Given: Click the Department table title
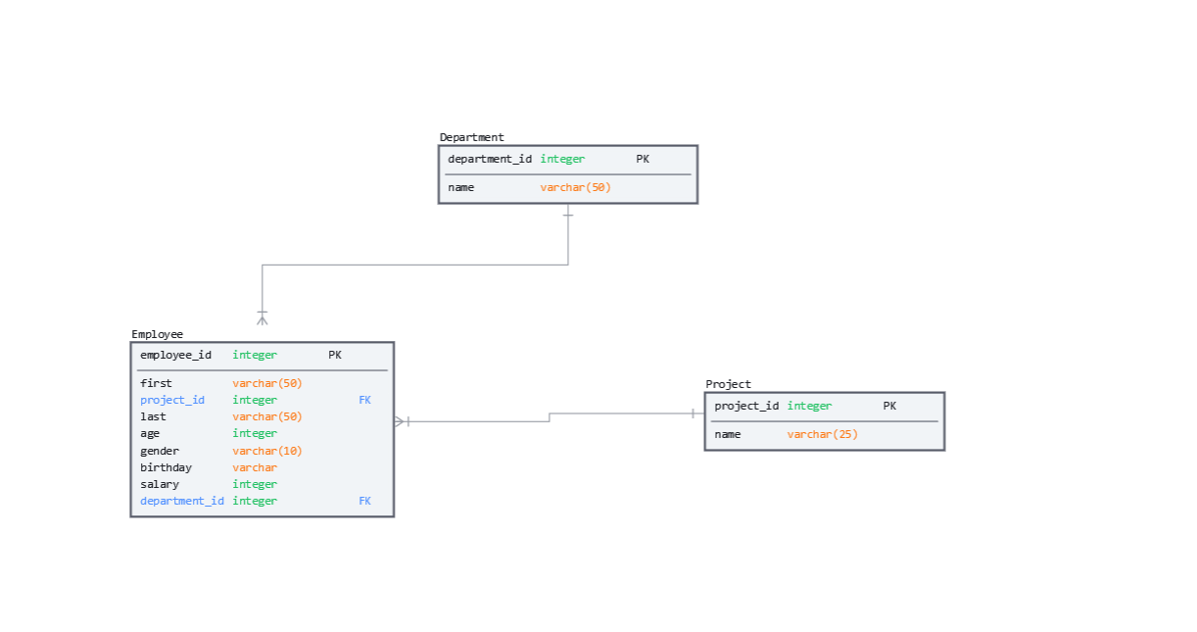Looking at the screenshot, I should point(471,137).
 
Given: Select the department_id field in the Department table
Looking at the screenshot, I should point(490,159).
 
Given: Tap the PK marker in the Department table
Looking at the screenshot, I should point(643,159).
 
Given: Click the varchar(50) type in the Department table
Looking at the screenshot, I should point(575,187).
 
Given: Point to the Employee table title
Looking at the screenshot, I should point(157,334).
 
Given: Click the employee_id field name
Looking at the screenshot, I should point(175,355).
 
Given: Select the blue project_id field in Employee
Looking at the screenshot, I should point(172,400).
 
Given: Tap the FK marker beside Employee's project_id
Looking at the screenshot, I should point(364,400).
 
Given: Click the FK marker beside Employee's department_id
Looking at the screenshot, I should point(364,501).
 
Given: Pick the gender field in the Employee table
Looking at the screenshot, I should point(160,451).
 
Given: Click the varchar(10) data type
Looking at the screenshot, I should point(267,451).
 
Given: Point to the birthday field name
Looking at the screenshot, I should point(166,467).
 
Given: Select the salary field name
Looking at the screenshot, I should point(160,484).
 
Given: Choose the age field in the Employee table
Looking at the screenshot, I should point(150,433).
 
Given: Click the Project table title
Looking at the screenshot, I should point(728,384).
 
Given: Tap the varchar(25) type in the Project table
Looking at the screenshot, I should point(822,434).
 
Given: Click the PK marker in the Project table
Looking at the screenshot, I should point(889,406).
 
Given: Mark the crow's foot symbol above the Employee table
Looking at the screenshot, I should point(263,317).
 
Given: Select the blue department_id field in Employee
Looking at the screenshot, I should point(182,501).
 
